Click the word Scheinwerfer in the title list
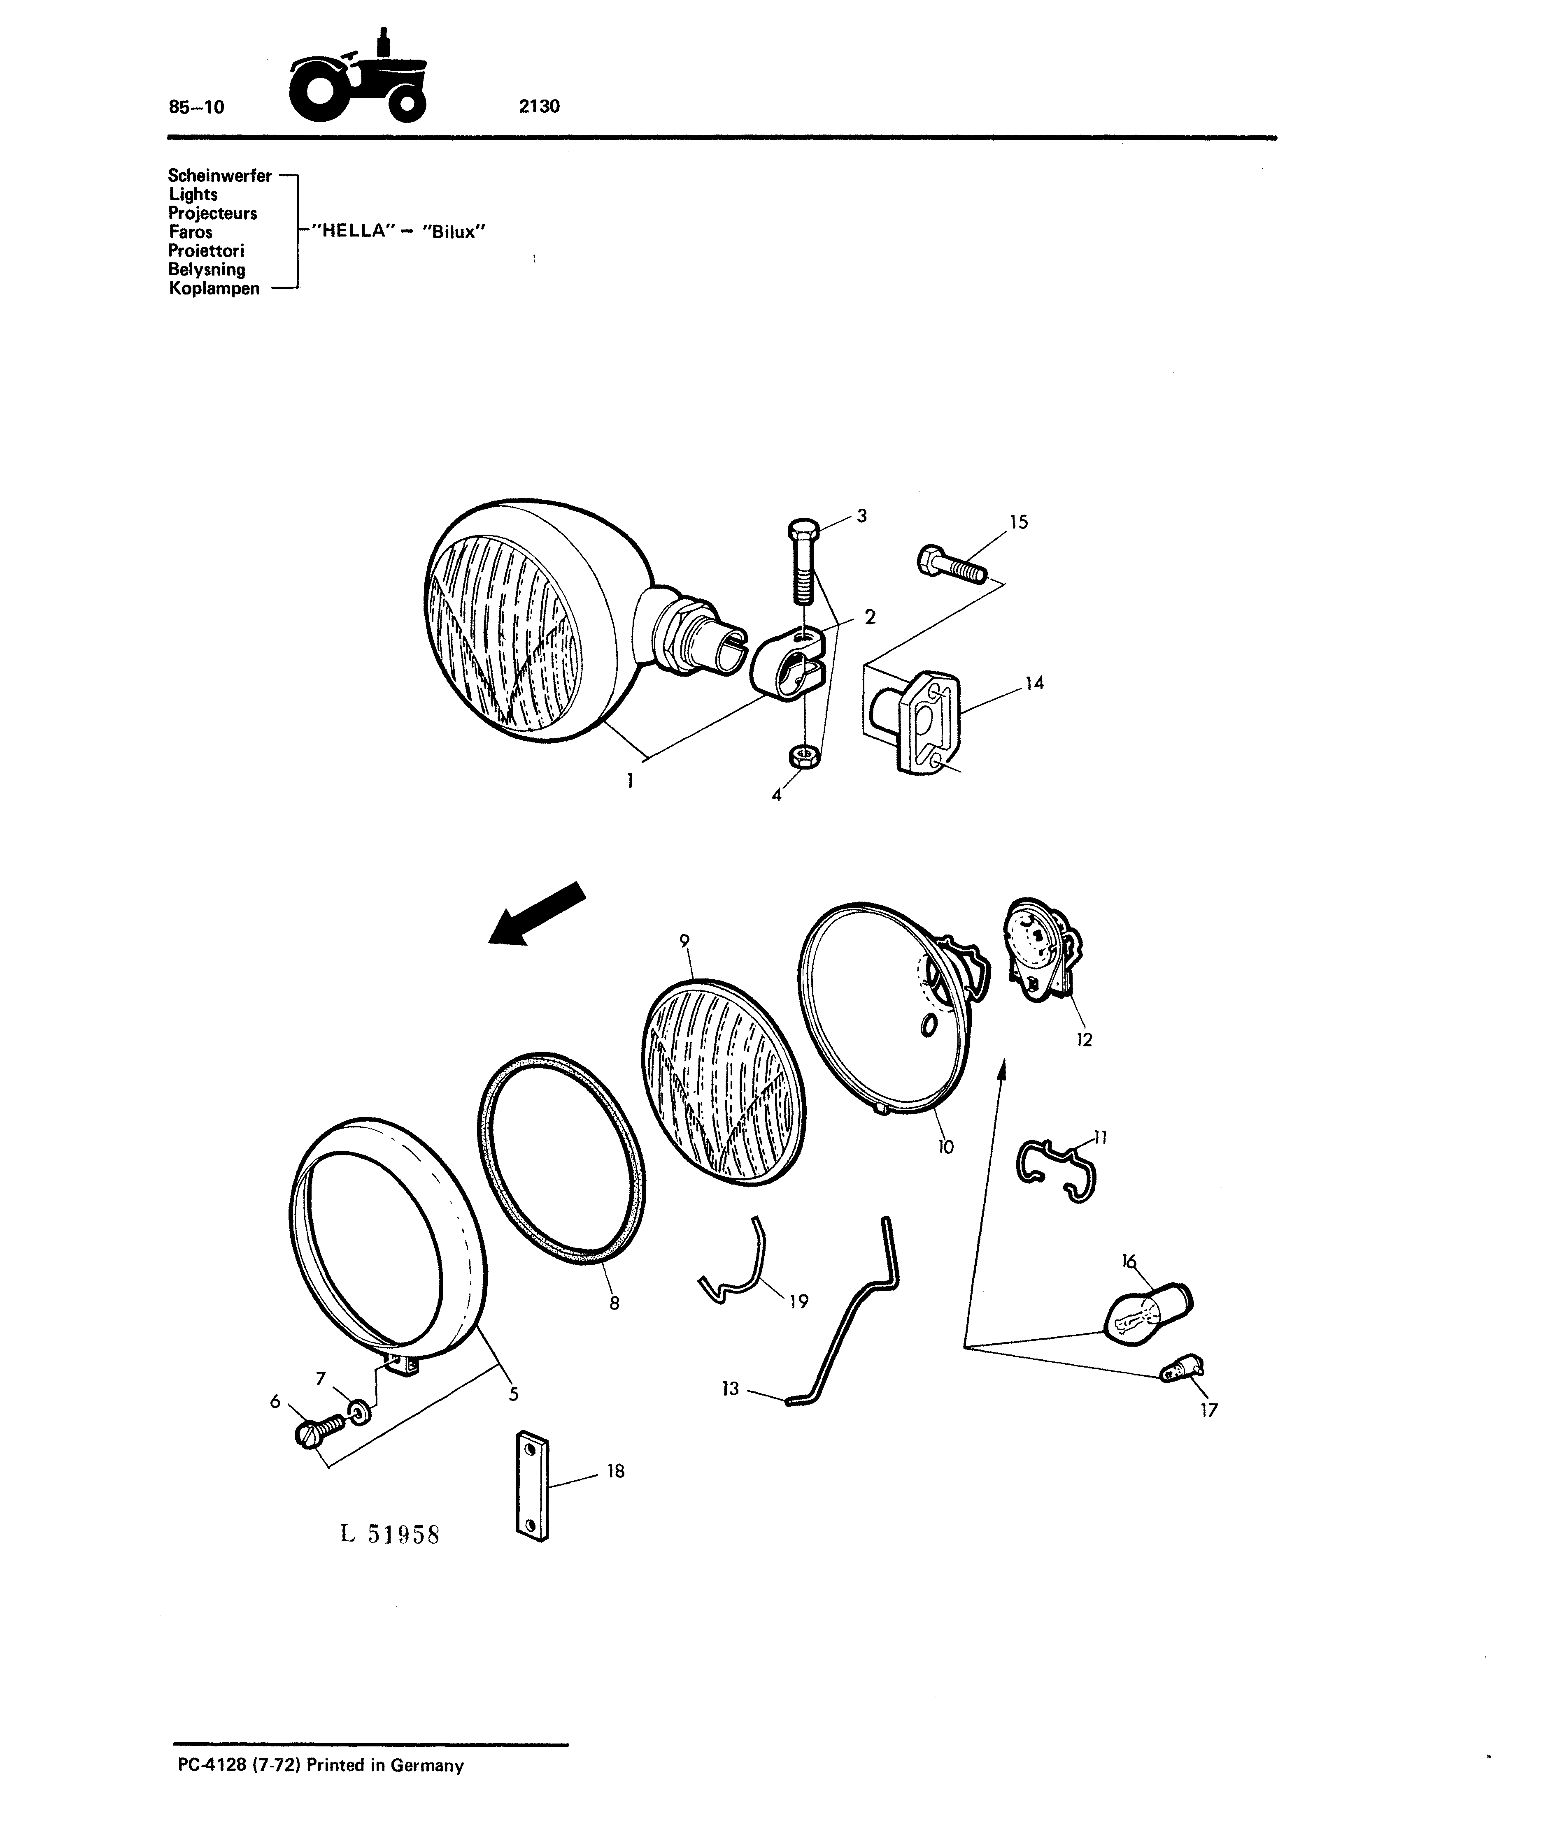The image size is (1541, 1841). coord(220,175)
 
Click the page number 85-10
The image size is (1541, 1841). coord(196,107)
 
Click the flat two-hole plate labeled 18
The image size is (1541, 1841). coord(532,1485)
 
